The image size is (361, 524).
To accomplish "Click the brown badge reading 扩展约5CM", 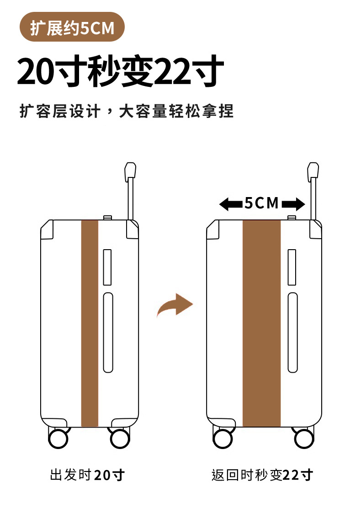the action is pyautogui.click(x=72, y=28).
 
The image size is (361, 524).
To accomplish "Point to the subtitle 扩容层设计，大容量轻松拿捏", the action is pyautogui.click(x=127, y=111).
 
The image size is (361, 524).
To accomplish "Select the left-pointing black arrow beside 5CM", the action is pyautogui.click(x=230, y=204).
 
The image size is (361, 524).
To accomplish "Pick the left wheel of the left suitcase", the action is pyautogui.click(x=58, y=438).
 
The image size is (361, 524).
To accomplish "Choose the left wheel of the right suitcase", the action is pyautogui.click(x=223, y=438).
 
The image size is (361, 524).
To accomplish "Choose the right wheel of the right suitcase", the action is pyautogui.click(x=304, y=438).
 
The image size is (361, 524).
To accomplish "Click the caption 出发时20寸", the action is pyautogui.click(x=87, y=475).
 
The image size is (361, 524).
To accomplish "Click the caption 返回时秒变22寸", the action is pyautogui.click(x=262, y=475).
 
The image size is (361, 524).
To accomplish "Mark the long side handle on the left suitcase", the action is pyautogui.click(x=108, y=332).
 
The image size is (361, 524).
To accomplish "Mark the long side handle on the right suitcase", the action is pyautogui.click(x=292, y=332).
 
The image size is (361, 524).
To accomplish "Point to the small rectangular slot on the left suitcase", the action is pyautogui.click(x=107, y=267).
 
